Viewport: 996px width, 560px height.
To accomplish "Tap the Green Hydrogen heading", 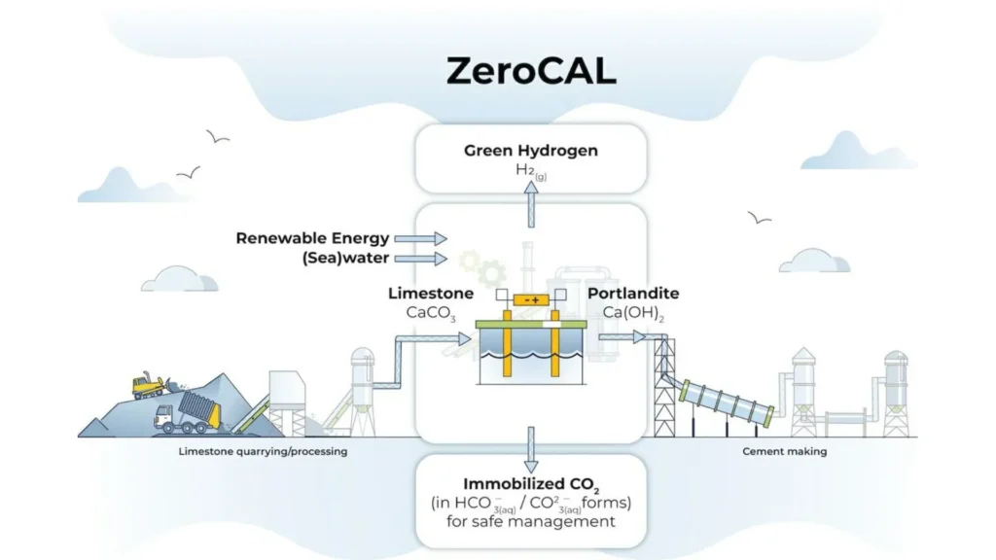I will tap(530, 151).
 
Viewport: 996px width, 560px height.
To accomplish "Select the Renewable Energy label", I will tap(312, 238).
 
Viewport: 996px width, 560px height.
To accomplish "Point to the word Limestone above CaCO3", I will tap(431, 293).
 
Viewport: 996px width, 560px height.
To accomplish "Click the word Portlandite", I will tap(632, 293).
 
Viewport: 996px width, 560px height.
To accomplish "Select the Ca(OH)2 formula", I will tap(631, 313).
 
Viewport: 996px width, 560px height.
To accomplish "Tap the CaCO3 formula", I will tap(431, 313).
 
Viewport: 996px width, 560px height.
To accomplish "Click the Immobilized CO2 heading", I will tap(530, 483).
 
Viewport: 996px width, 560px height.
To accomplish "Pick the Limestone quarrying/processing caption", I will tap(263, 451).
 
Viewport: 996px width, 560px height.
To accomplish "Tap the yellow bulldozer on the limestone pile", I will tap(148, 385).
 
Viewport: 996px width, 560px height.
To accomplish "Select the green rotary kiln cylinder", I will tap(728, 402).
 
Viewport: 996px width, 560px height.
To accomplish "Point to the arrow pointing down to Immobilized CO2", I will tap(531, 446).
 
